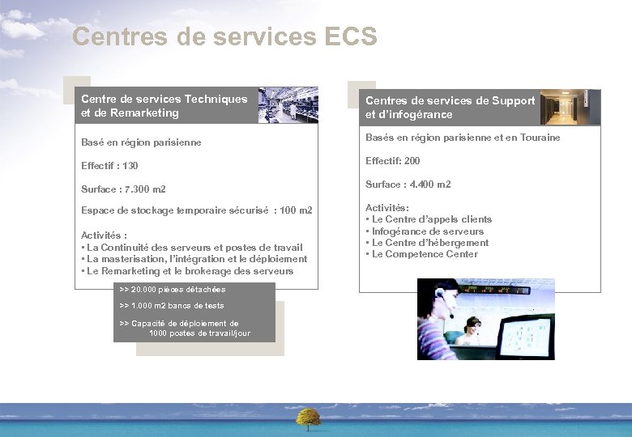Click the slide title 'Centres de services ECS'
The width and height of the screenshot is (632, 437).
pos(224,36)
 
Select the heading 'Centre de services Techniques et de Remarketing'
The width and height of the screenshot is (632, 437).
pos(164,105)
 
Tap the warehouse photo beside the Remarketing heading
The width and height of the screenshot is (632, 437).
pos(288,105)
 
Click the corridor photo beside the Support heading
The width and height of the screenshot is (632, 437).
pos(570,107)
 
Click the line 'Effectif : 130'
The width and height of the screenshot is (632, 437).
pos(109,166)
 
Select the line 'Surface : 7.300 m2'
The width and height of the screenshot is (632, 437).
pos(123,189)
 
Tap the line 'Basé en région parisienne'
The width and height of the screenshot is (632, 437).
pos(141,142)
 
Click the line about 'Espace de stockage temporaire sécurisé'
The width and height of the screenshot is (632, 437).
pos(196,210)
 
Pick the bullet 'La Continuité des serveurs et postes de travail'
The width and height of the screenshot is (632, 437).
pos(194,248)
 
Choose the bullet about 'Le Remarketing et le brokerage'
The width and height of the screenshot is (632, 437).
pos(190,271)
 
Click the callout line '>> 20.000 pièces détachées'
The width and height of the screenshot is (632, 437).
pos(172,290)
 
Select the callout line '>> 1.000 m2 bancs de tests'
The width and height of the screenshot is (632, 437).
pos(171,306)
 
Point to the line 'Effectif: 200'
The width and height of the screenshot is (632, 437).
pos(392,161)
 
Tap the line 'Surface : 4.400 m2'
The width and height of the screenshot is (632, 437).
pos(408,185)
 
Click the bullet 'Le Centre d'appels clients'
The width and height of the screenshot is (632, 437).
pos(431,219)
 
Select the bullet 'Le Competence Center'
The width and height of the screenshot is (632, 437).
pos(425,254)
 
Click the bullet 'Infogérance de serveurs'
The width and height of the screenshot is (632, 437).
pos(427,231)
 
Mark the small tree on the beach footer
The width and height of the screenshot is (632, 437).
pos(308,418)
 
